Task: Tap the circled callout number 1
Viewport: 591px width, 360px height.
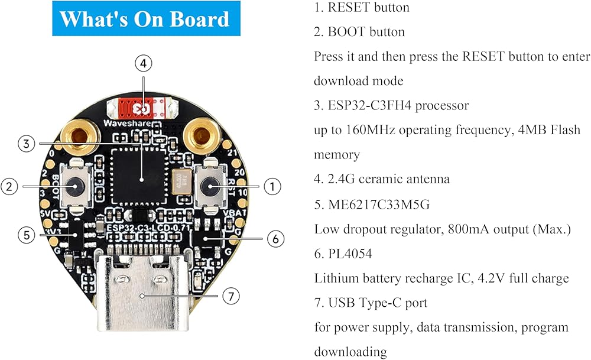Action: coord(271,186)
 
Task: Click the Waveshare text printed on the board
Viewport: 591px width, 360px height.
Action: coord(125,124)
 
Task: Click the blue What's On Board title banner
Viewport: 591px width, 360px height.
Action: coord(145,19)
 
